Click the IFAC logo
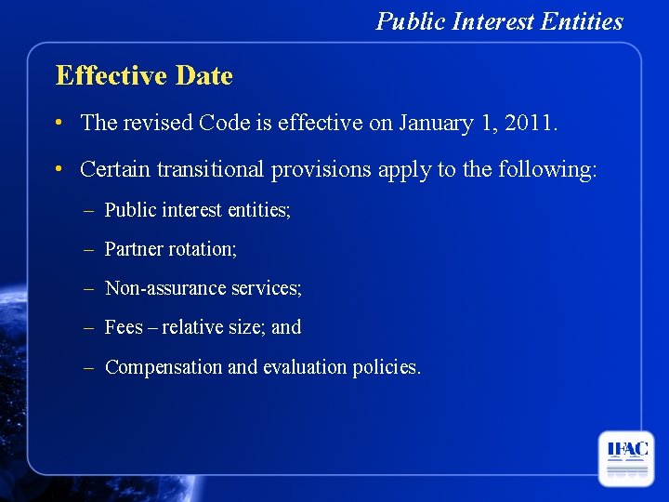pos(626,458)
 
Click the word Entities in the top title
pos(583,21)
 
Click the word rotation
pos(204,249)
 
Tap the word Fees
pos(124,327)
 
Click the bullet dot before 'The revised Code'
pos(59,123)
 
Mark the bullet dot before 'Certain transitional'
pos(59,170)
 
